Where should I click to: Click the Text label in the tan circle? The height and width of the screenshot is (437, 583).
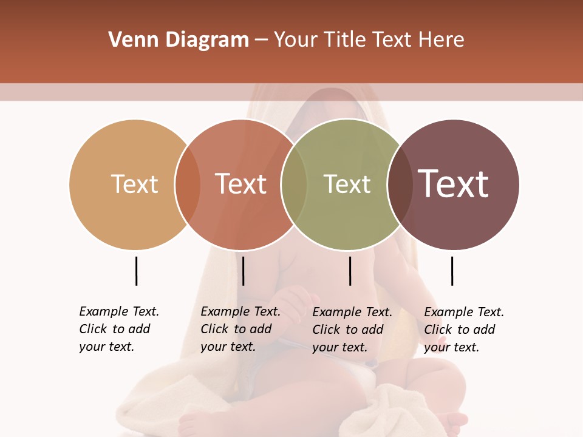tap(134, 184)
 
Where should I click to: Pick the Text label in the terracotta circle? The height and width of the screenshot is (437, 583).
tap(240, 184)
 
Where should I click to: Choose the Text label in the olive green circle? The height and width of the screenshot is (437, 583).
tap(347, 184)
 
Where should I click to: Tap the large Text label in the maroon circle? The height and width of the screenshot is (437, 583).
tap(453, 184)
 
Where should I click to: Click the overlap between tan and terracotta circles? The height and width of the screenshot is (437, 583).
tap(188, 185)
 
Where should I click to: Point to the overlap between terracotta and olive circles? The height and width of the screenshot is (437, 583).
tap(294, 185)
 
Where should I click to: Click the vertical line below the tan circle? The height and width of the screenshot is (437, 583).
tap(136, 271)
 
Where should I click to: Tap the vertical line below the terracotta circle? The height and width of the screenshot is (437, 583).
tap(243, 271)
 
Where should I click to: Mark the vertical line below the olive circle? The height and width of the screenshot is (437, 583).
tap(350, 271)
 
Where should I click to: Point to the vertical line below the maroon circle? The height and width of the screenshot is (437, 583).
tap(452, 271)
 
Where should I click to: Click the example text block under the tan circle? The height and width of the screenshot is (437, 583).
tap(118, 329)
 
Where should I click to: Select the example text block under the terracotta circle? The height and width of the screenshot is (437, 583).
tap(240, 329)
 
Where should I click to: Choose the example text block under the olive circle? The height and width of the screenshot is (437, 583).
tap(352, 330)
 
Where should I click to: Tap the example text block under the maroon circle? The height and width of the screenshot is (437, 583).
tap(463, 330)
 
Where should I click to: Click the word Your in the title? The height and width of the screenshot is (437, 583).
tap(296, 40)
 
